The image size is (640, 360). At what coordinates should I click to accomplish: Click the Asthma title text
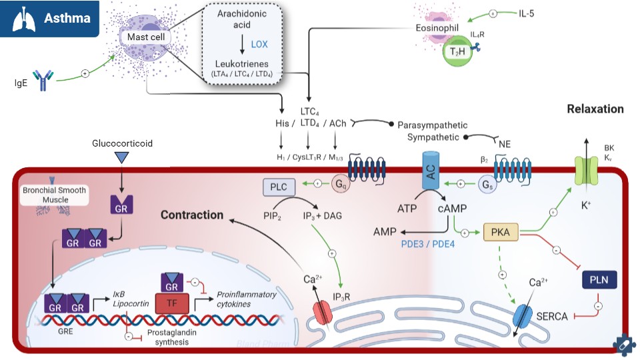click(67, 18)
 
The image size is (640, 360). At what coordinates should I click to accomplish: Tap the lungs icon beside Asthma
click(22, 18)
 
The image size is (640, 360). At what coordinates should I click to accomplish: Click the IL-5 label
click(527, 13)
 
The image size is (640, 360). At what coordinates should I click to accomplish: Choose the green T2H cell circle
click(457, 51)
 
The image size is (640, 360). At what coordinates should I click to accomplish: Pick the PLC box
click(278, 188)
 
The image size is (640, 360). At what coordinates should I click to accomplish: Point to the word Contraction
click(191, 215)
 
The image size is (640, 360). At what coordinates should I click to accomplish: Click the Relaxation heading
click(595, 109)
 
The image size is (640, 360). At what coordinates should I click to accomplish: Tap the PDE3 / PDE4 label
click(429, 245)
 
